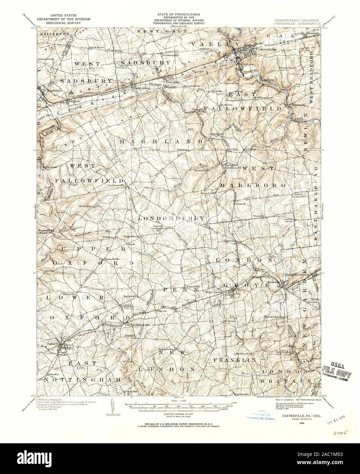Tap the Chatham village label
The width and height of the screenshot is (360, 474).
(x=230, y=240)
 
